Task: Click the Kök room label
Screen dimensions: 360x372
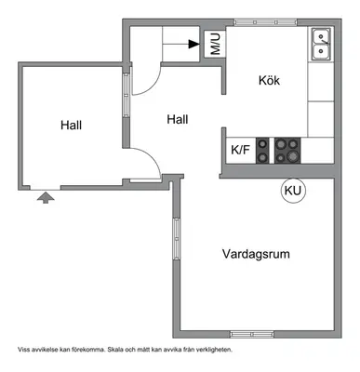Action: pos(269,81)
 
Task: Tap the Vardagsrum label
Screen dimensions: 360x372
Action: pos(256,254)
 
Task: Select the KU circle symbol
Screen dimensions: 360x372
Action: pos(293,191)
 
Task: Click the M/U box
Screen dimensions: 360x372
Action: pos(215,44)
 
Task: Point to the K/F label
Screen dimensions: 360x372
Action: pos(240,150)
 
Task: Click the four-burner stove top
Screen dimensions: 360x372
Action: pos(287,151)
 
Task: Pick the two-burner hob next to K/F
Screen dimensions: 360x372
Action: pos(262,151)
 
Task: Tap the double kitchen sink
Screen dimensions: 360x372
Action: pos(321,45)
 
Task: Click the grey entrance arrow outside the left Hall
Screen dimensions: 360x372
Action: pos(46,197)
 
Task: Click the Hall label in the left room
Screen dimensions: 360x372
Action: pos(72,126)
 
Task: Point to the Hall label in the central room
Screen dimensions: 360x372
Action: pos(178,119)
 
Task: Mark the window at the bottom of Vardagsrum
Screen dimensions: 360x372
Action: pos(252,334)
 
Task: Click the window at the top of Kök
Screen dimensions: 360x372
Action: pos(265,22)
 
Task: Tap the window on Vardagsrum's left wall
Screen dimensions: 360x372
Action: pos(176,239)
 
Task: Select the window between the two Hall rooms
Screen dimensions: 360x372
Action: pos(126,95)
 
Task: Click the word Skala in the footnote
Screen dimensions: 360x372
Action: pos(113,350)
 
